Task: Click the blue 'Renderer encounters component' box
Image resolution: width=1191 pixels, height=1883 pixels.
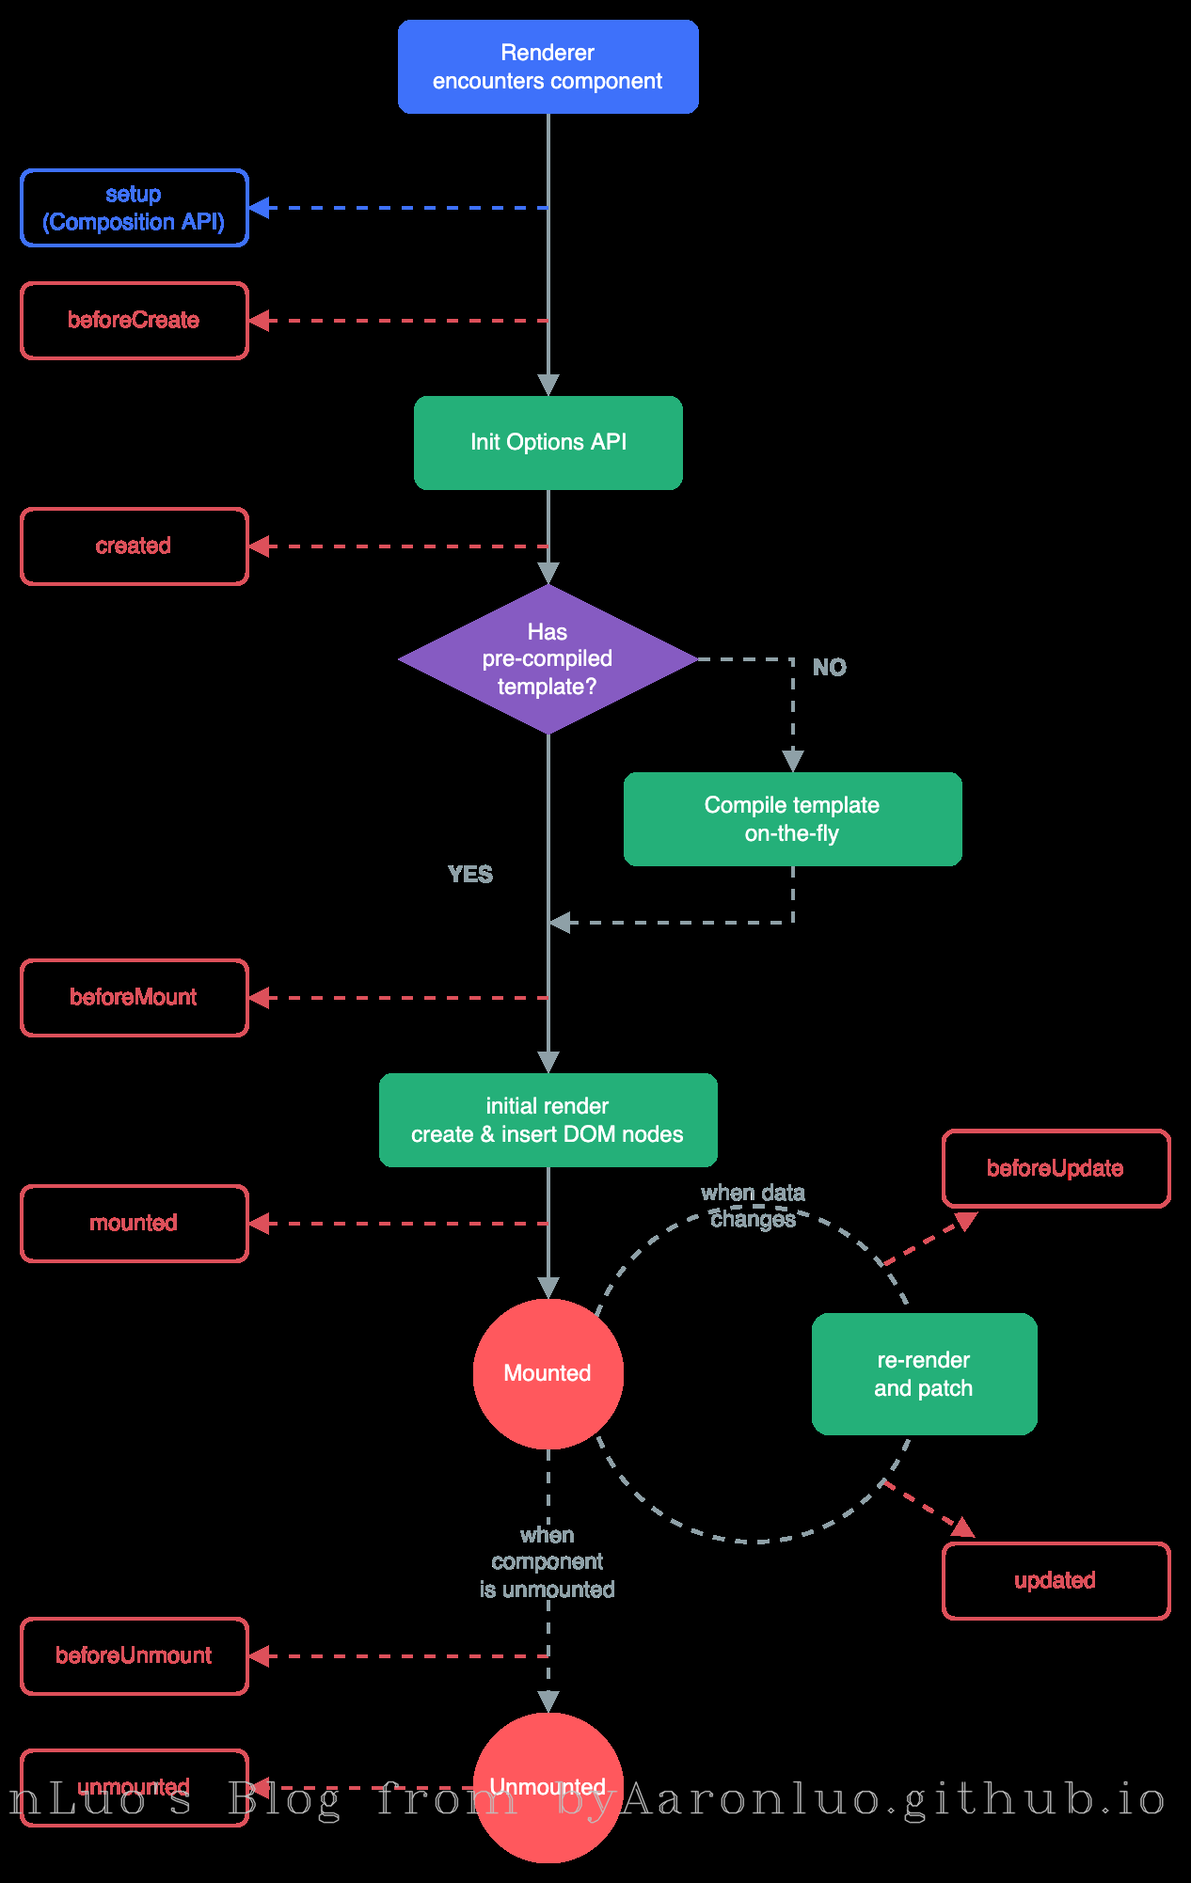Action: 548,67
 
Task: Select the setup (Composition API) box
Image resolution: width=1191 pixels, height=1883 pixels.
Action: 134,208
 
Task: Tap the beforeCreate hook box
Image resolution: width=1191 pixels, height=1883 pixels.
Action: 134,321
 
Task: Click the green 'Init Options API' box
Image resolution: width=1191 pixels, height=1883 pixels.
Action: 548,442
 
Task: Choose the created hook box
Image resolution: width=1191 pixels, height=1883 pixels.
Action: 134,546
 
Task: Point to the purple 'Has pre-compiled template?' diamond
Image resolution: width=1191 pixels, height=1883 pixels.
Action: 548,658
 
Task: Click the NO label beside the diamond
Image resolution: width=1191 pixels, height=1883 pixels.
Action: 829,667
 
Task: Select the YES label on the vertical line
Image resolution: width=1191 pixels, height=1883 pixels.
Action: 470,874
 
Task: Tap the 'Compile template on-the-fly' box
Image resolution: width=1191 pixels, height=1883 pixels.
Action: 792,819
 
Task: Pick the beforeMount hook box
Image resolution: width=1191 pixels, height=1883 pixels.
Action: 134,998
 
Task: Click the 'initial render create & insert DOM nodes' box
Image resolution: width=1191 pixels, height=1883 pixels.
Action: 548,1120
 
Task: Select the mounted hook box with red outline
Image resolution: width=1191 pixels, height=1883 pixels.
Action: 134,1223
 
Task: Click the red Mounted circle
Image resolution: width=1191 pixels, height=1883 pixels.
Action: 548,1373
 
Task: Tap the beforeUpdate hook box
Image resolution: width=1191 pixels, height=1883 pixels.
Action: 1056,1168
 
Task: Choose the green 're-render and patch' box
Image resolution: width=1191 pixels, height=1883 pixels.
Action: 924,1374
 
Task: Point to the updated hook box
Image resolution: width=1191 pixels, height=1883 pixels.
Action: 1056,1581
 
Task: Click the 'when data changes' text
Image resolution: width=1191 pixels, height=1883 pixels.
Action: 753,1206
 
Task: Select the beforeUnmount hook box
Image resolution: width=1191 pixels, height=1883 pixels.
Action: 134,1656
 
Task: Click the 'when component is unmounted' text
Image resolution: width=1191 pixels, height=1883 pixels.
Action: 548,1562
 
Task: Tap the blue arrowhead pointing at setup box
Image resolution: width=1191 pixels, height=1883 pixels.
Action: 260,208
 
